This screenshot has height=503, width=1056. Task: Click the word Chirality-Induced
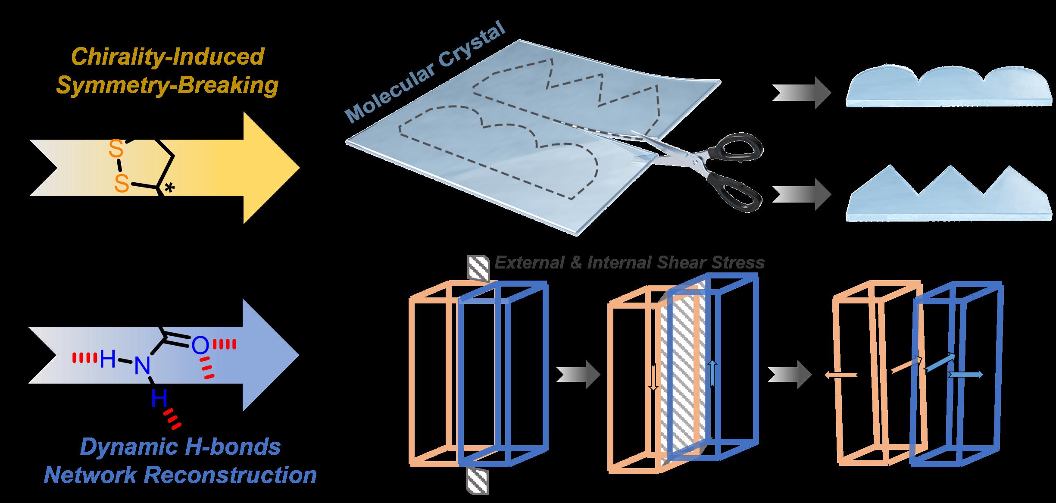[167, 57]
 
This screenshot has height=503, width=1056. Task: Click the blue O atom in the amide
[200, 345]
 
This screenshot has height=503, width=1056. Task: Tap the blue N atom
[141, 367]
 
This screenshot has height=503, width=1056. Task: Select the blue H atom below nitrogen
[159, 400]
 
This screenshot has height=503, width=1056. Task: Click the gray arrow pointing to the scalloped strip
[801, 93]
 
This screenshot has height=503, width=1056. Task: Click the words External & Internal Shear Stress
[629, 262]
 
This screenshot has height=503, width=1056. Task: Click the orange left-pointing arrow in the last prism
[841, 375]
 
